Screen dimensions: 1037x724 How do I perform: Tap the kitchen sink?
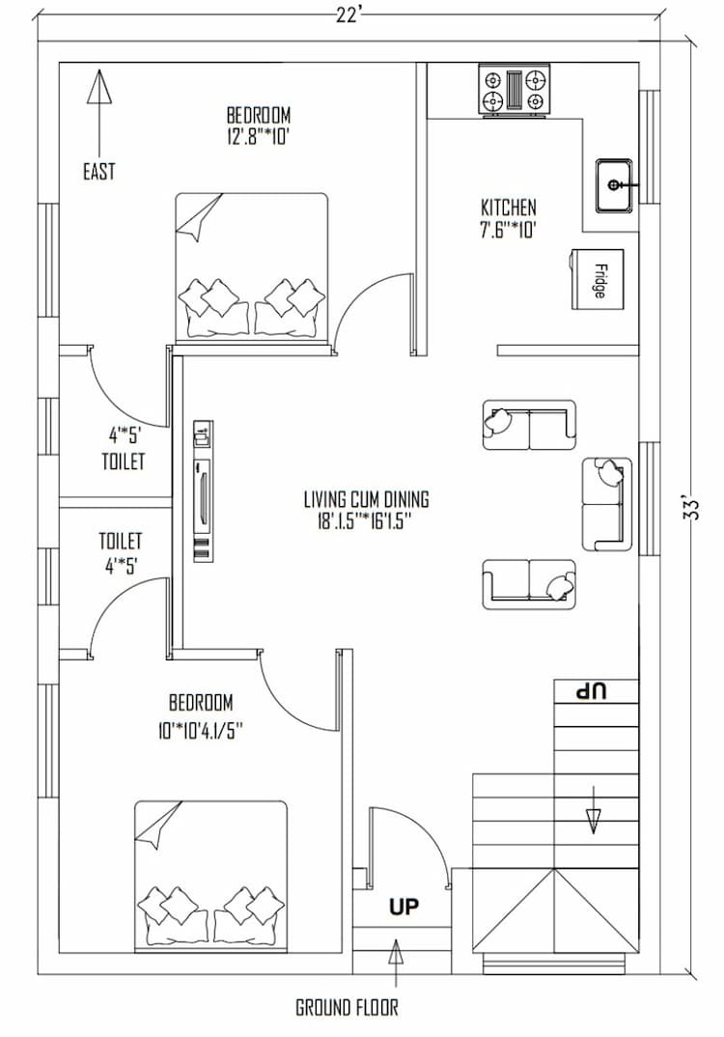614,185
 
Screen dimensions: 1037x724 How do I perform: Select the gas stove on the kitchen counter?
514,91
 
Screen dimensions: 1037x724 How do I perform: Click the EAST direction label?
98,172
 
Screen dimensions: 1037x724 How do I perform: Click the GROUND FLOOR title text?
347,1007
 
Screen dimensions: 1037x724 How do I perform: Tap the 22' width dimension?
350,12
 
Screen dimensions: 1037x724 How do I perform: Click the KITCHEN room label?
508,208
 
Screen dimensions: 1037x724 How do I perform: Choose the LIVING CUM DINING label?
366,500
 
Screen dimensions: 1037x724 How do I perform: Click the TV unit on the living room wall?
202,491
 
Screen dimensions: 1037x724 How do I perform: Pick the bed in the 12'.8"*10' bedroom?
252,266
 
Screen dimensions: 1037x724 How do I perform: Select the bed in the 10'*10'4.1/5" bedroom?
210,873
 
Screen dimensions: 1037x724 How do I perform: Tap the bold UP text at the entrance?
404,908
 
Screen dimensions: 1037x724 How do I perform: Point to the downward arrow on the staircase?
594,819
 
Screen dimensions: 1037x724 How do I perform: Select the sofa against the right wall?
607,504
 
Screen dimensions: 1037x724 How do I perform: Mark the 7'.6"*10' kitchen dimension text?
508,229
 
